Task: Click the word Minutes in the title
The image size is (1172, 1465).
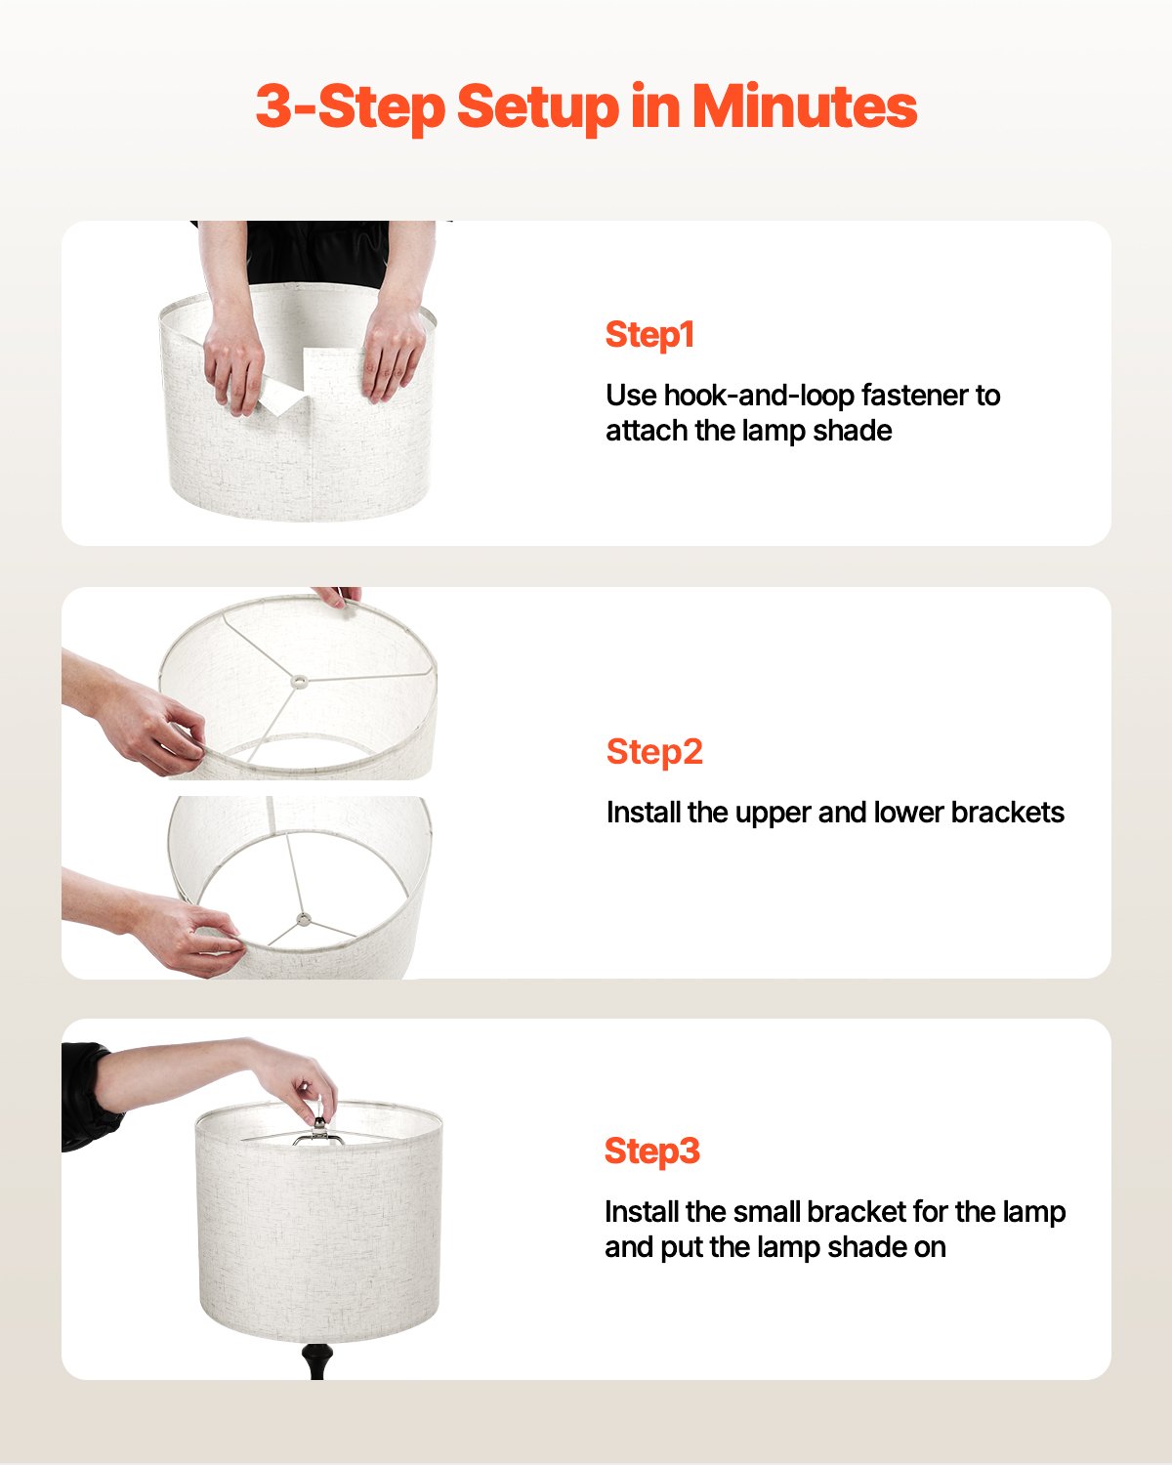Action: click(805, 106)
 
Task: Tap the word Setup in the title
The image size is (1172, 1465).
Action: click(537, 106)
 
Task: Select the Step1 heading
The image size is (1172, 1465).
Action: click(649, 335)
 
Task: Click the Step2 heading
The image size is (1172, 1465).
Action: click(654, 752)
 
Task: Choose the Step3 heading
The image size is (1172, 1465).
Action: click(652, 1151)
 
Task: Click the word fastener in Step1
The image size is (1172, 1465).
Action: click(916, 396)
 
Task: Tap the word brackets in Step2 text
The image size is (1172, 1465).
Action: click(1007, 813)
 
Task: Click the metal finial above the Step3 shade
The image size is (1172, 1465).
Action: click(317, 1123)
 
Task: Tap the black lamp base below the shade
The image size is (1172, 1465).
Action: click(315, 1359)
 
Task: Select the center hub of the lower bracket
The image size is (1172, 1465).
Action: click(304, 919)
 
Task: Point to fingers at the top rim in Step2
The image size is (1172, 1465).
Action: click(337, 597)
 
